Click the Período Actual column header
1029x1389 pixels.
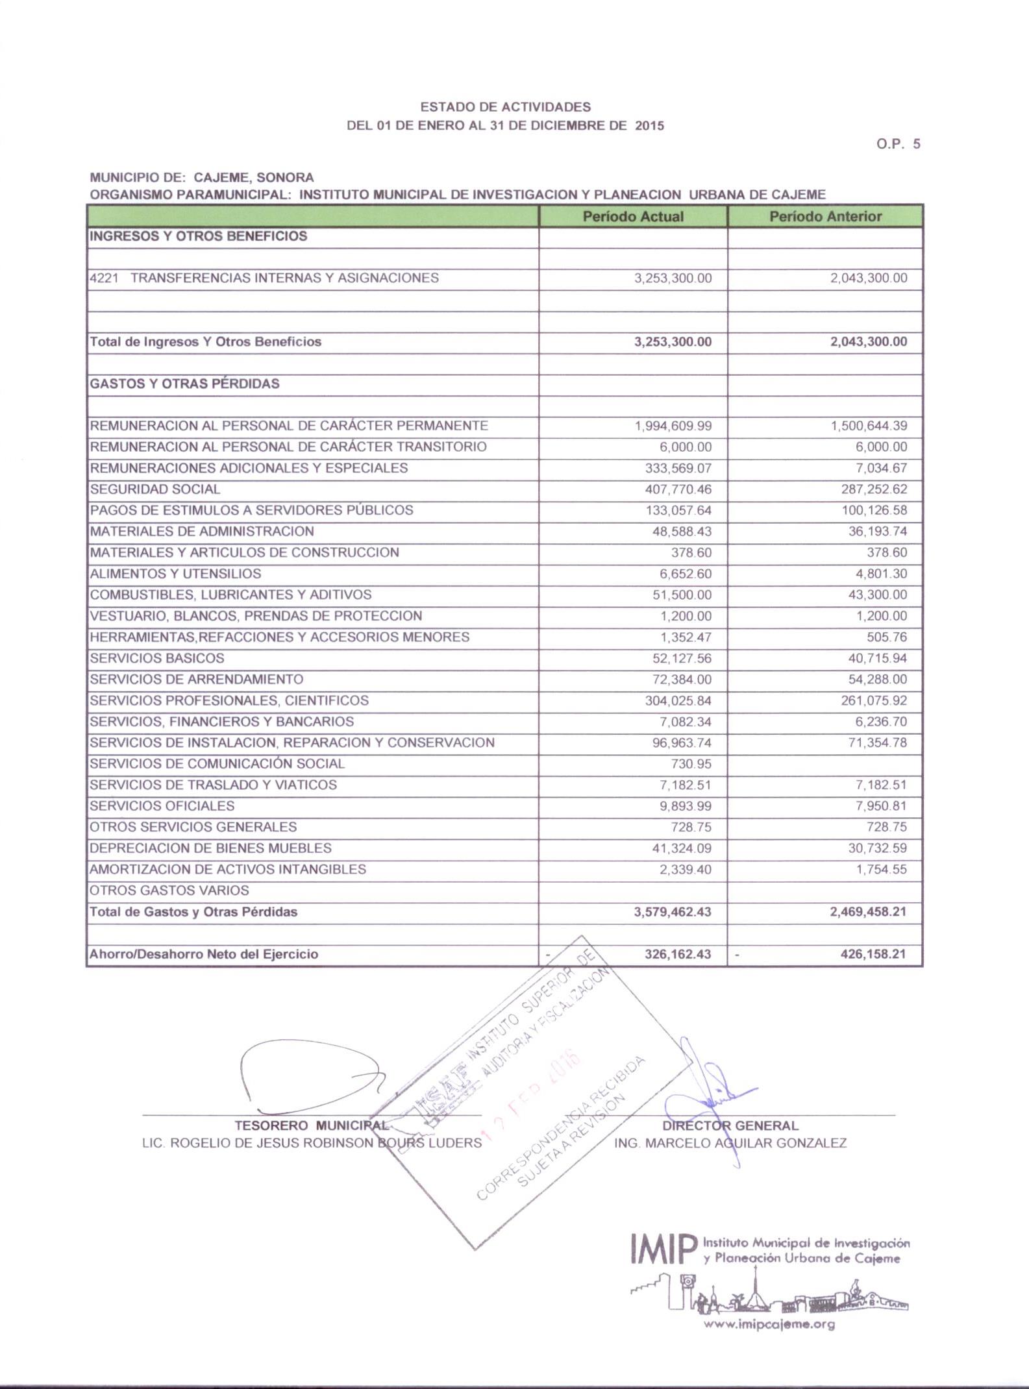[x=633, y=217]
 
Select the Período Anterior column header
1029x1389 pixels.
[x=825, y=217]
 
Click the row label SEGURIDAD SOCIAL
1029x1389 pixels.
[x=155, y=489]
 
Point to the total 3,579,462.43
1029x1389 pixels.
[x=673, y=912]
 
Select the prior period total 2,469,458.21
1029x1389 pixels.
[x=868, y=912]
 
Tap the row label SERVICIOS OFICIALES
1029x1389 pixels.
[x=162, y=806]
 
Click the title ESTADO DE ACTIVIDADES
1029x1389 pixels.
[x=506, y=106]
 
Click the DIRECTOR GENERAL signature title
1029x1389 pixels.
[x=730, y=1125]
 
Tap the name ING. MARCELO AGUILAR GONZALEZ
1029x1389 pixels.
[x=730, y=1143]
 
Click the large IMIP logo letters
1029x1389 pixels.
[x=663, y=1249]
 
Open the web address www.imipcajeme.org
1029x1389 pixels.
[x=769, y=1325]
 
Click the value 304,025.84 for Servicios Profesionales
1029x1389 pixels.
[x=678, y=701]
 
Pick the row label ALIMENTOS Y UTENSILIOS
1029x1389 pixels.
[x=175, y=574]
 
